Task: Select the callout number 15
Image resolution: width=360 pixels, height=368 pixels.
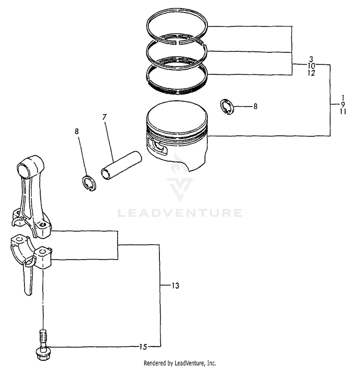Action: tap(142, 346)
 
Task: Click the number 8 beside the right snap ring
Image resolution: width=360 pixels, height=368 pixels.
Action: tap(255, 107)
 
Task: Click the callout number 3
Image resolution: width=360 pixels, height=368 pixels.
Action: tap(311, 58)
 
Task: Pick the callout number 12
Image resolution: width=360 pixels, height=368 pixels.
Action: tap(311, 73)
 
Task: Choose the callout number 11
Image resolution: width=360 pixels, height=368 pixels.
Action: tap(343, 111)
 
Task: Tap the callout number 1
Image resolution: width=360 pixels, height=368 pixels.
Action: tap(343, 97)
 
